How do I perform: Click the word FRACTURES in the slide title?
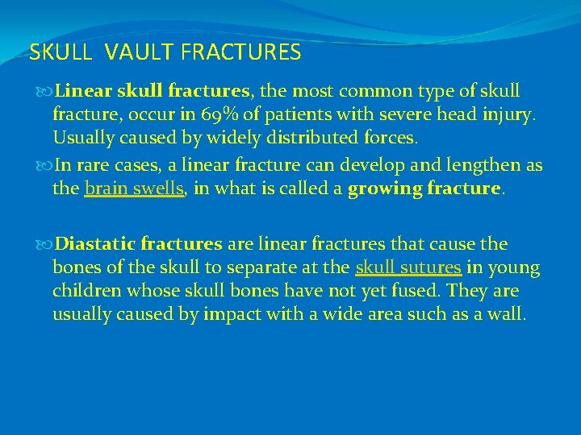tap(241, 53)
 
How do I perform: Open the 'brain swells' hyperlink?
tap(135, 188)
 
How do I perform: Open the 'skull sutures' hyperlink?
tap(408, 267)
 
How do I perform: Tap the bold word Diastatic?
tap(96, 244)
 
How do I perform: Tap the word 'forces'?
tap(390, 138)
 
